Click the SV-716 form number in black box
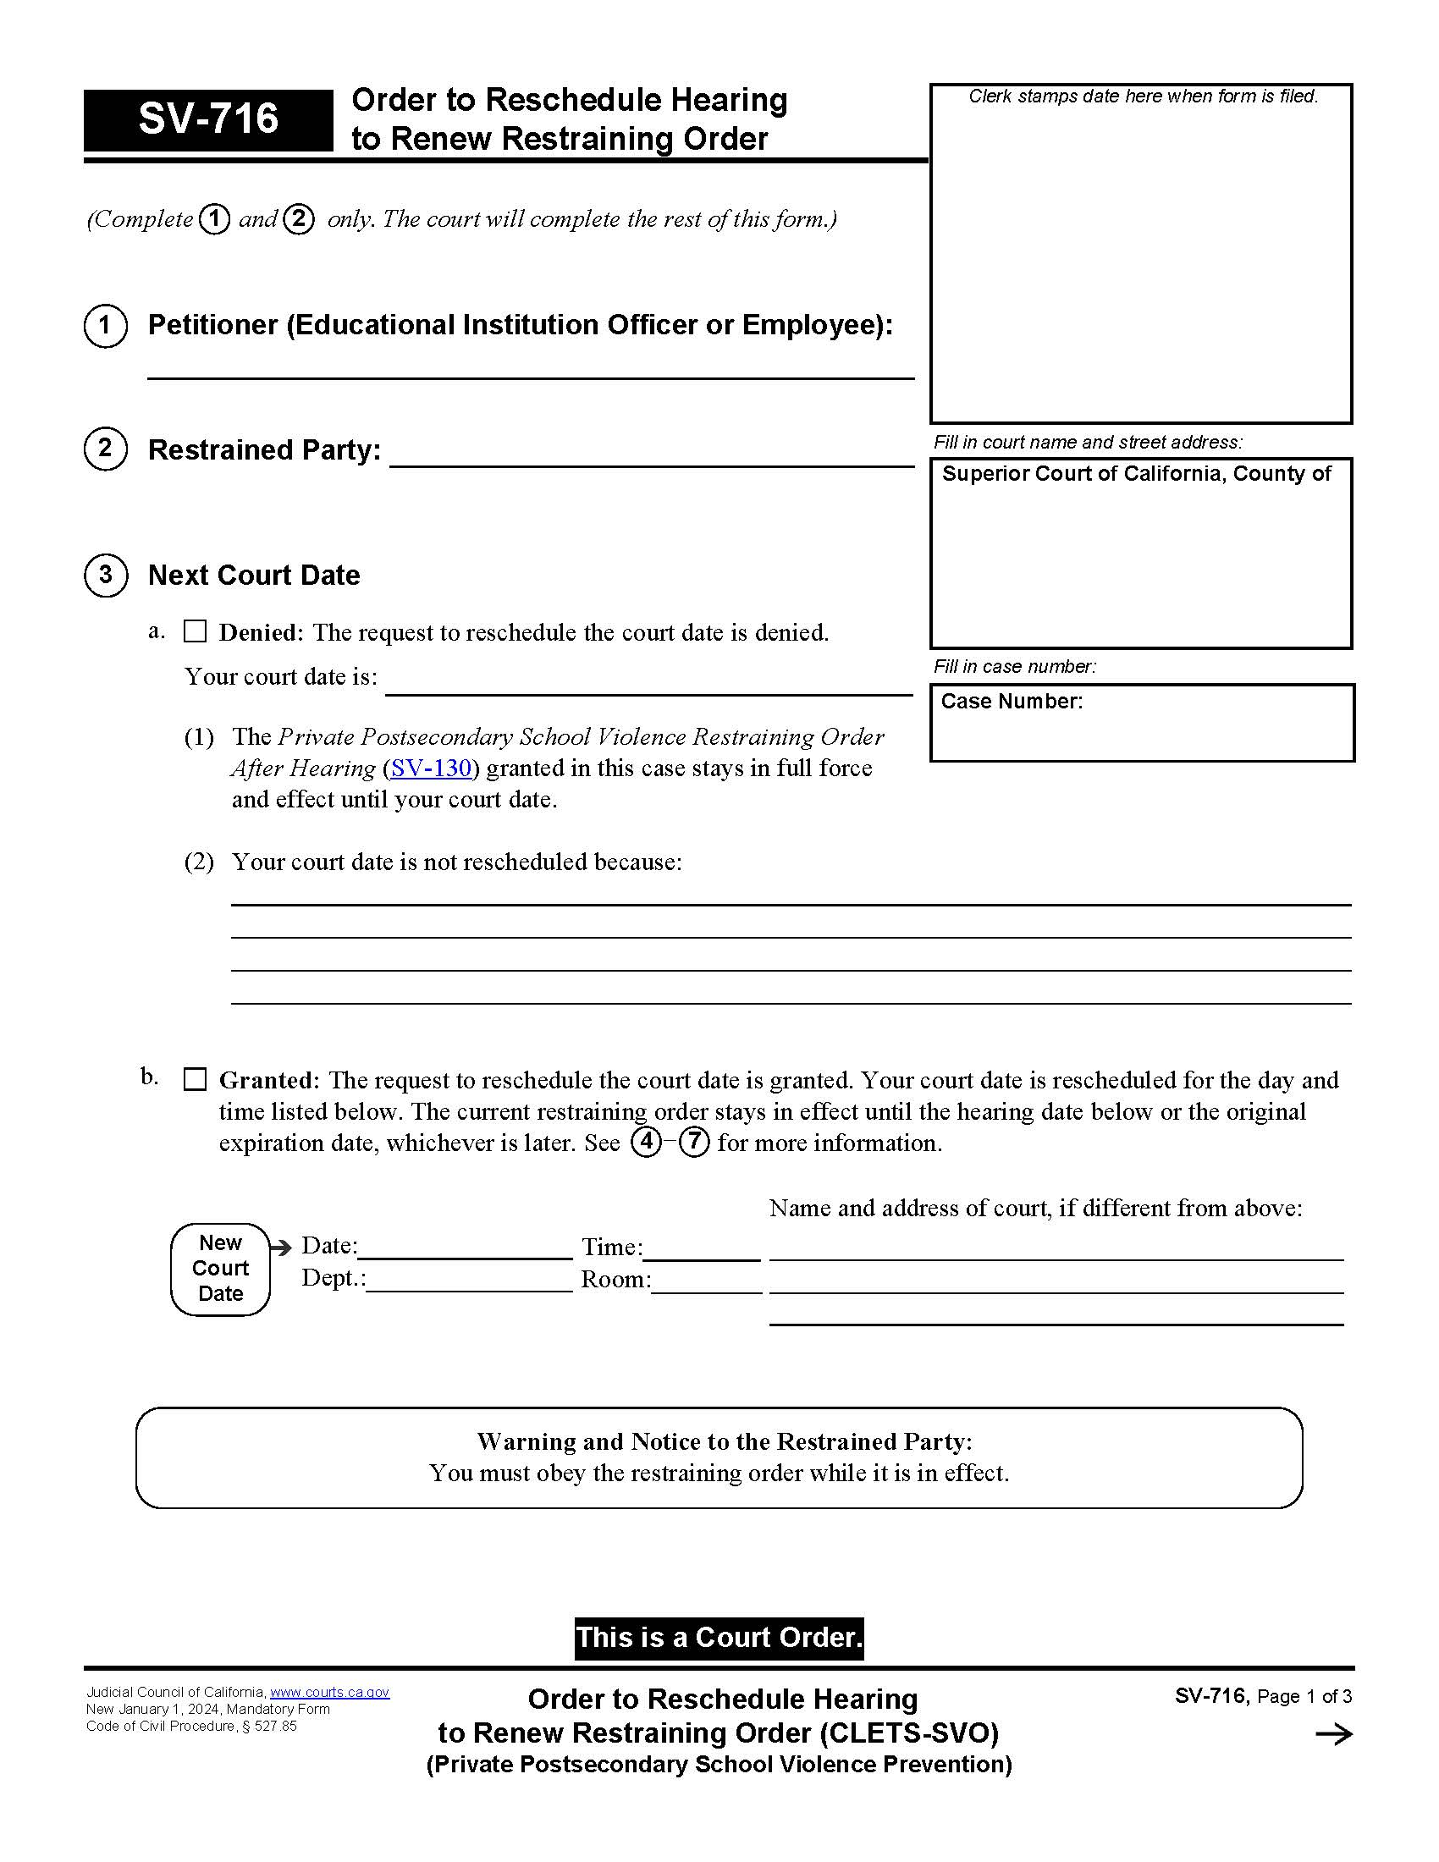click(208, 119)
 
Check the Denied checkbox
click(196, 631)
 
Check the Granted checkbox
click(196, 1079)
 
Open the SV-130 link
click(431, 768)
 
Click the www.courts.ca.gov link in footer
click(329, 1693)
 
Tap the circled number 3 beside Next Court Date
click(106, 576)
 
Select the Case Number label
click(1011, 702)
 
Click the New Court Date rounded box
click(221, 1269)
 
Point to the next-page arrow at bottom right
click(1333, 1734)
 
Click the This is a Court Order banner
click(719, 1638)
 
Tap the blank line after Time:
click(702, 1251)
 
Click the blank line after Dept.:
click(469, 1283)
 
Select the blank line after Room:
click(706, 1283)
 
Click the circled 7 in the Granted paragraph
click(695, 1142)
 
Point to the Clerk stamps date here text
click(1143, 97)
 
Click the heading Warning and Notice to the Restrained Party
click(724, 1441)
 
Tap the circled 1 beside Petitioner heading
click(106, 326)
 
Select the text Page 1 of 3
click(1304, 1697)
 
